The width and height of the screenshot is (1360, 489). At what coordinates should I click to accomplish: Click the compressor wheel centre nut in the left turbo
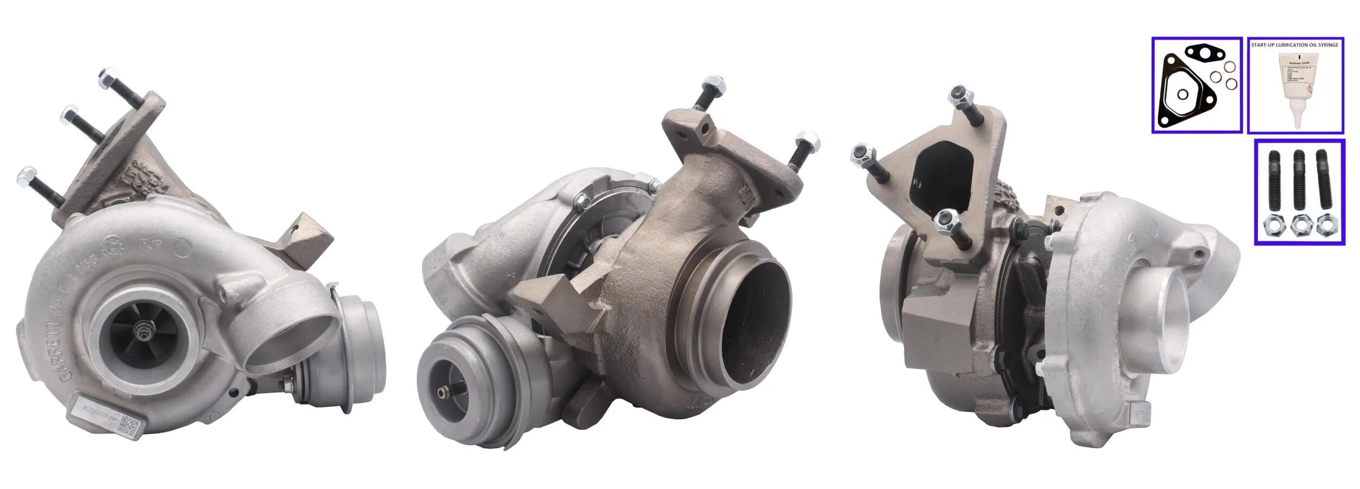tap(145, 331)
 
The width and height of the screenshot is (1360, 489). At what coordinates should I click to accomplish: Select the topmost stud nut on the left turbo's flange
tap(107, 77)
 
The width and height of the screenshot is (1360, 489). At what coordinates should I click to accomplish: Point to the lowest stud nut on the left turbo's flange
tap(24, 175)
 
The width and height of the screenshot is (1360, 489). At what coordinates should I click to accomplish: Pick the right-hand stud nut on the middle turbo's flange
tap(808, 141)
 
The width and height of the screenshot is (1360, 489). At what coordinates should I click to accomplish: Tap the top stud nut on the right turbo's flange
tap(961, 96)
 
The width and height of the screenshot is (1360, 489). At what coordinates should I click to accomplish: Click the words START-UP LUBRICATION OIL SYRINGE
tap(1294, 45)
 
